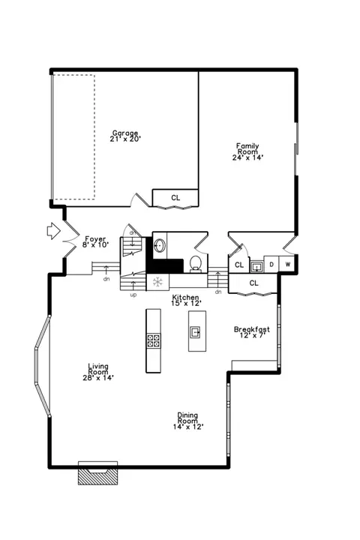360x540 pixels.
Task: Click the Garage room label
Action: (125, 133)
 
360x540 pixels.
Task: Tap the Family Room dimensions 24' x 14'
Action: (248, 157)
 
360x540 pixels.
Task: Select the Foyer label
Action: (95, 238)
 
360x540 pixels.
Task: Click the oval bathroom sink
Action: (160, 246)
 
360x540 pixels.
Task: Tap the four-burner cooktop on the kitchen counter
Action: (153, 340)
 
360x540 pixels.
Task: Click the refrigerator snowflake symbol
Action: (157, 283)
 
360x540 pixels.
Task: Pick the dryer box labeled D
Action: (271, 265)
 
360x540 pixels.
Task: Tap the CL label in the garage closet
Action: (175, 198)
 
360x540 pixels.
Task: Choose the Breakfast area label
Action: (252, 329)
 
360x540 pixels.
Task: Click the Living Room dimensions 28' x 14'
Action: (98, 377)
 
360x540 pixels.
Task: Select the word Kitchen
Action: (186, 297)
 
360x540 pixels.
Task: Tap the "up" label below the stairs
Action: (133, 295)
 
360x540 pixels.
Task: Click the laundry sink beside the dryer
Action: (256, 266)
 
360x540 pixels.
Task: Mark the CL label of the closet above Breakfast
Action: (253, 283)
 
